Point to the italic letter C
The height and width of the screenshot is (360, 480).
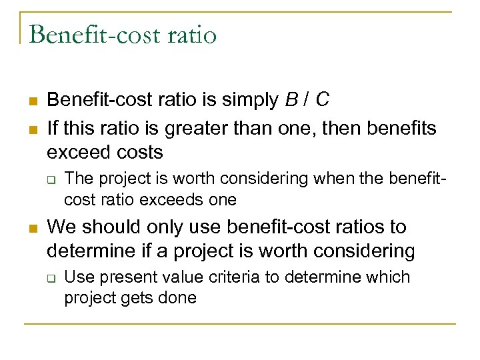(x=322, y=101)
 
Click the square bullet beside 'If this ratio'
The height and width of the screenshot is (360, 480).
(x=32, y=128)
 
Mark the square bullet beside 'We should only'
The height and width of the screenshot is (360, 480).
(x=32, y=228)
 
